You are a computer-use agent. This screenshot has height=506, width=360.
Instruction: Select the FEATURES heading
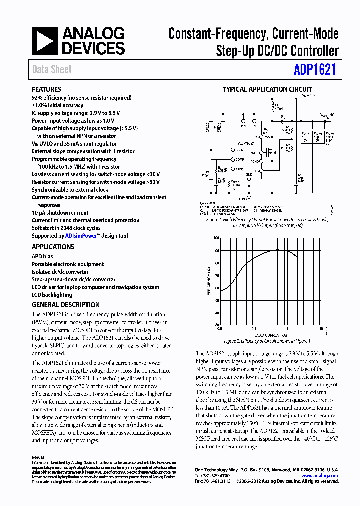(47, 90)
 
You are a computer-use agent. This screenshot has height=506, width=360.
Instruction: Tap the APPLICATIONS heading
(53, 247)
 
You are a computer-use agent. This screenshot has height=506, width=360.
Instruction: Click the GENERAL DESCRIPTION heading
(66, 305)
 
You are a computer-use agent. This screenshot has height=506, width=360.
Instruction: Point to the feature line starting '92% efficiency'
(82, 98)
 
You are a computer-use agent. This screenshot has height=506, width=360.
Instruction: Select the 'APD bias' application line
(42, 256)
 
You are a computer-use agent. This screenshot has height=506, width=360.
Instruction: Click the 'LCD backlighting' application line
(52, 295)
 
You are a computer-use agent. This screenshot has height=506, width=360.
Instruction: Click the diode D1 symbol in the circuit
(283, 120)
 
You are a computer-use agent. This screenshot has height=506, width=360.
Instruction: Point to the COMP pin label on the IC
(240, 160)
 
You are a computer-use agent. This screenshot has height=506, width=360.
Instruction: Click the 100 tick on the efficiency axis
(216, 238)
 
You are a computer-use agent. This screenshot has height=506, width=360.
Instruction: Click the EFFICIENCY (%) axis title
(208, 282)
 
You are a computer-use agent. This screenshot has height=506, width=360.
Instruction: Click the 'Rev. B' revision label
(38, 457)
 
